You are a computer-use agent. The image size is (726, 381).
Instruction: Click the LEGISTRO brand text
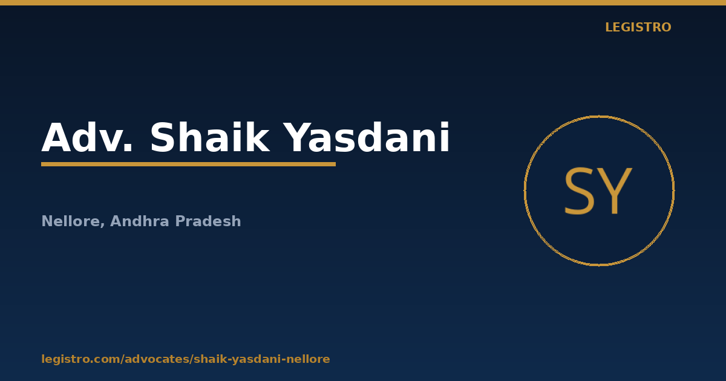point(638,27)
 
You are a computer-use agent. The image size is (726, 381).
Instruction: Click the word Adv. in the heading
point(87,137)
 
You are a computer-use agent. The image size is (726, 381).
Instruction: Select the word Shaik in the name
point(210,137)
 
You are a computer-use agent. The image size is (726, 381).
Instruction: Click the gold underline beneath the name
point(188,164)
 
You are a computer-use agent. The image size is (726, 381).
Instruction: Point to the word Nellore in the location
point(71,221)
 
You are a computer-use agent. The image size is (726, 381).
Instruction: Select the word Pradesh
point(208,221)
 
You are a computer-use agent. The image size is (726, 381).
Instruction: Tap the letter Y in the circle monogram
point(615,191)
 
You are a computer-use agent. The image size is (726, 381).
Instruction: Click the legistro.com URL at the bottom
point(186,359)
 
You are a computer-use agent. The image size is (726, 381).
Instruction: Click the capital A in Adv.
point(57,137)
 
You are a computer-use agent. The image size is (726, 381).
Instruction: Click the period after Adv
point(128,148)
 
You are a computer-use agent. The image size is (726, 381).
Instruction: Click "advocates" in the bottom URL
point(159,359)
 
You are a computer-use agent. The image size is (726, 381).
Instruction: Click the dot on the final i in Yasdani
point(445,124)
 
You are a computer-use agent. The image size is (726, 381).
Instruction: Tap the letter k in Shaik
point(257,137)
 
